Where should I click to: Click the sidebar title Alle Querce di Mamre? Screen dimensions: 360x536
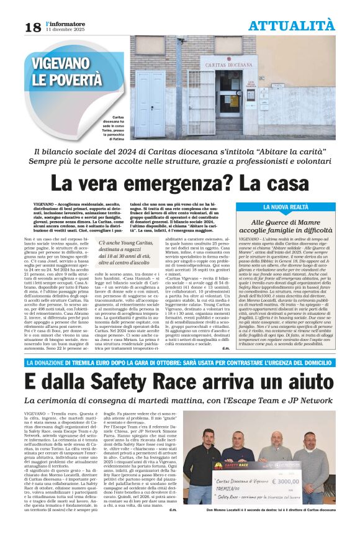pos(290,222)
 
